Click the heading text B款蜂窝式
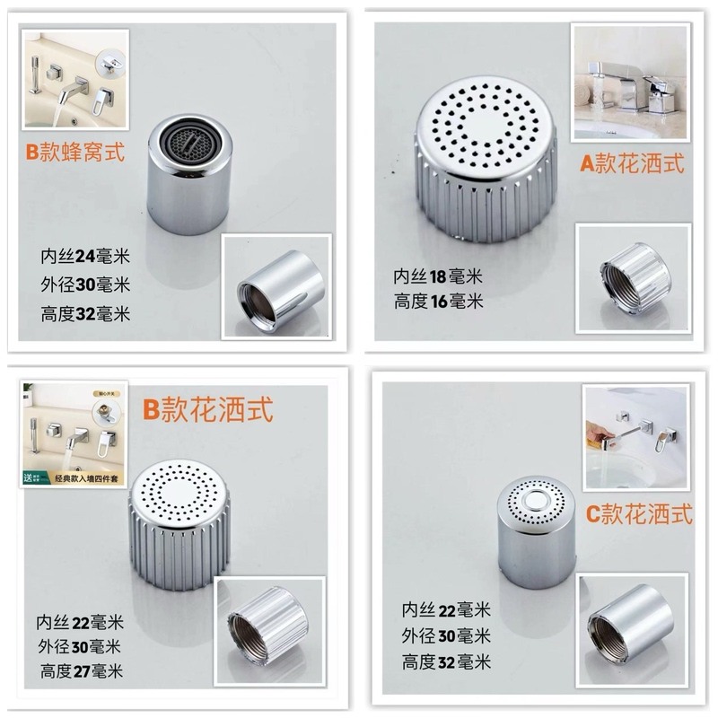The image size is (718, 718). pos(78,152)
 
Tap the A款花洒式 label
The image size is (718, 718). pos(632,162)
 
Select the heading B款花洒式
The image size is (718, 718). pos(207,410)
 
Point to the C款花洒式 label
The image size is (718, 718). pos(638,513)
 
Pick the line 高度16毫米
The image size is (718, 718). pos(438,302)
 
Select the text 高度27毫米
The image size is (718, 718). pos(81,670)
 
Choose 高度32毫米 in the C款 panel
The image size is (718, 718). pos(446,662)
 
